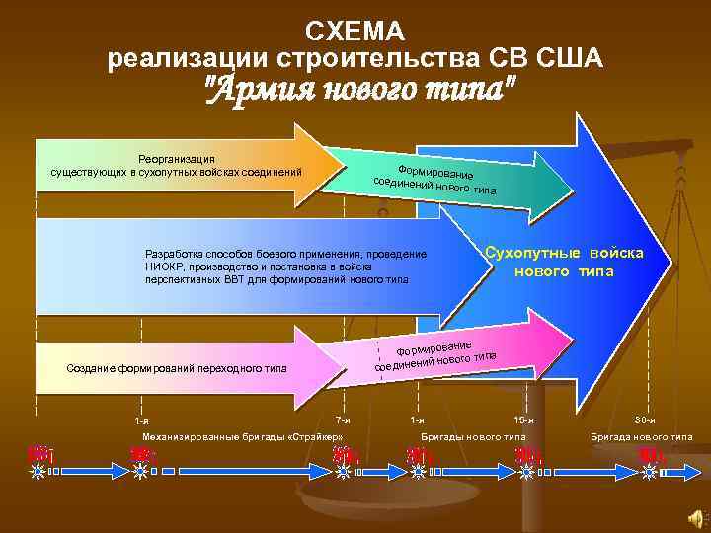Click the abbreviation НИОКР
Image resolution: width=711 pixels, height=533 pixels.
point(164,266)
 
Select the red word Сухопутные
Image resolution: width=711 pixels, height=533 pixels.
point(533,253)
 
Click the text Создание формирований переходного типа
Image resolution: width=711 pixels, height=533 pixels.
point(176,369)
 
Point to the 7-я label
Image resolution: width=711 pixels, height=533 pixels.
point(343,420)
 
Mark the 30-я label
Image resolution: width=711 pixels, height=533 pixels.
point(646,420)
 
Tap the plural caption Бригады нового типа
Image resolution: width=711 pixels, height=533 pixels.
point(474,436)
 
